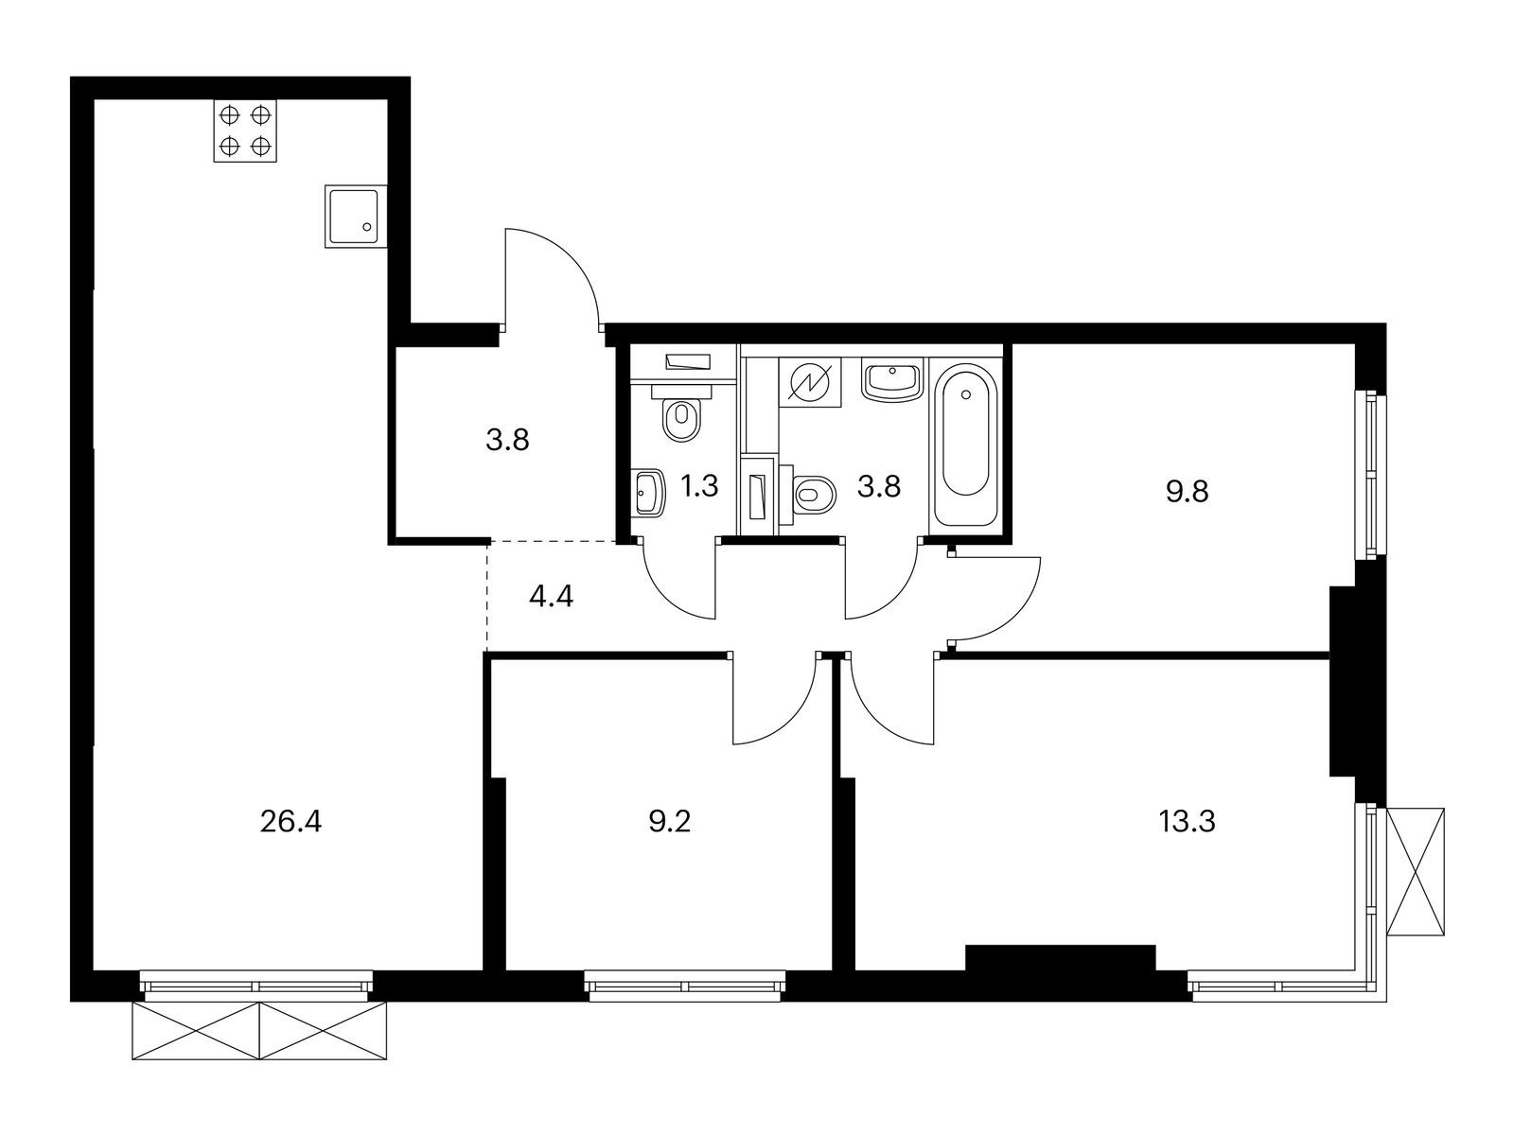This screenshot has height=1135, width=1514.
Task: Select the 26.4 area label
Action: (x=290, y=821)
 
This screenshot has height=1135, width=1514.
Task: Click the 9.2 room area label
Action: (x=669, y=821)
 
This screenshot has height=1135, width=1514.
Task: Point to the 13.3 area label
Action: (x=1187, y=821)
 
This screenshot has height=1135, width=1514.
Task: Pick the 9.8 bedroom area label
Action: (x=1187, y=492)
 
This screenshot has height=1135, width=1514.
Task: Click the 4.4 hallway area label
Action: (x=551, y=597)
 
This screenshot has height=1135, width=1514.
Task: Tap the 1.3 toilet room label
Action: (x=700, y=487)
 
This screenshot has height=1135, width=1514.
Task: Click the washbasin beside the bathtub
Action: (x=890, y=381)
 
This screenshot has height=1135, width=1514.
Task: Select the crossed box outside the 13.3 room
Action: (x=1416, y=871)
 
